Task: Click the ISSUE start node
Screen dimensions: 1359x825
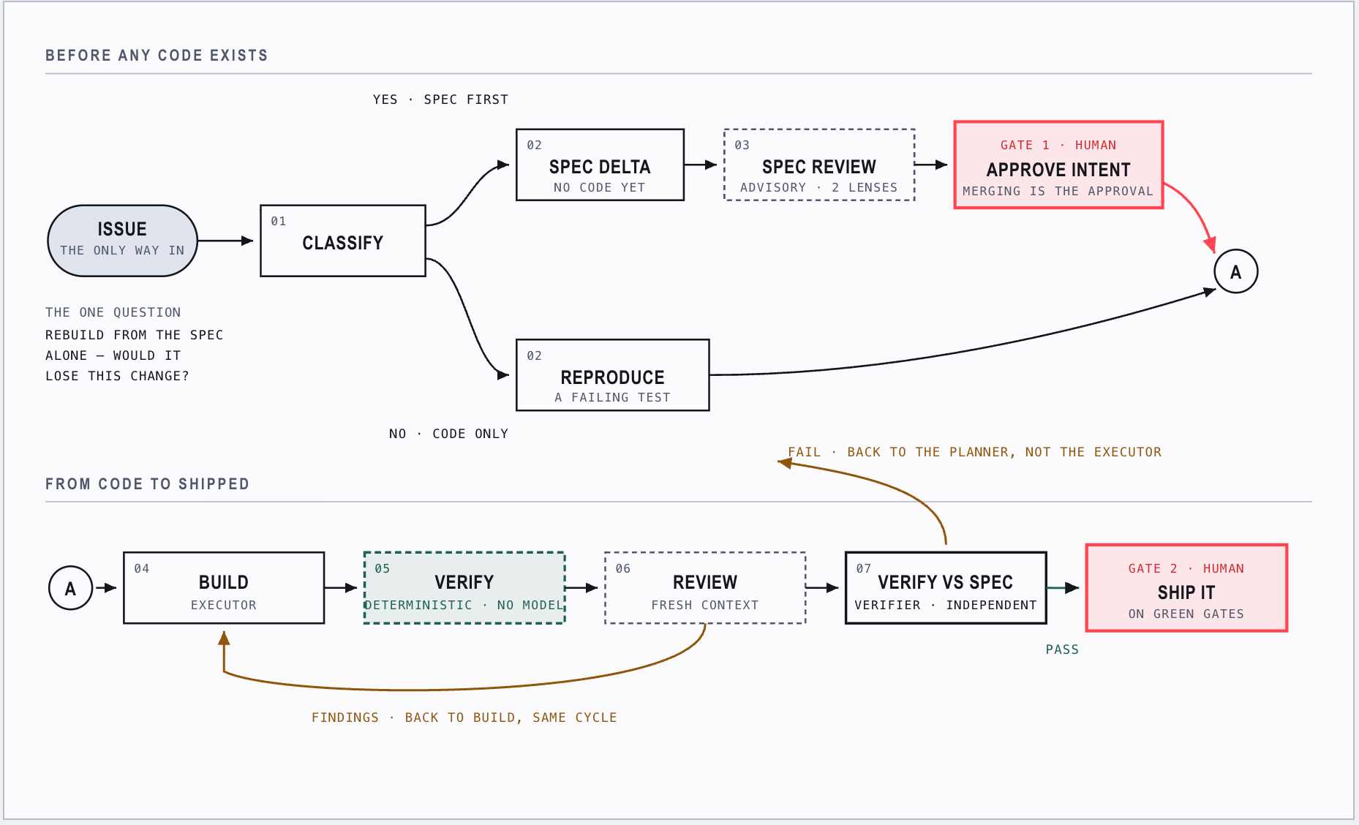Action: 122,241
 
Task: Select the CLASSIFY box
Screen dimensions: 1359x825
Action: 343,241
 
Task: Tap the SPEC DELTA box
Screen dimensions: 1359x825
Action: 600,165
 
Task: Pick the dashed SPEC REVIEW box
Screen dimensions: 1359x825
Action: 819,165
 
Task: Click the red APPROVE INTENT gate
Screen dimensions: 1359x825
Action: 1058,165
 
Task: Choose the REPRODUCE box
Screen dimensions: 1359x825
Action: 612,375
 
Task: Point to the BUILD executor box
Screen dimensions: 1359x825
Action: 224,587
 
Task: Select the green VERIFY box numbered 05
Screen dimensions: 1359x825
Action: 464,587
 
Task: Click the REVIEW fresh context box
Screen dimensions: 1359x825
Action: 705,587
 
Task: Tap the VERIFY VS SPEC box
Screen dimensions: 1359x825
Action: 946,587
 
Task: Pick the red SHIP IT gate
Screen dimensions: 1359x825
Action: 1186,587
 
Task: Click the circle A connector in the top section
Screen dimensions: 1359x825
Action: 1236,271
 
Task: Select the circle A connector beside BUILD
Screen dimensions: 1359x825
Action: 70,588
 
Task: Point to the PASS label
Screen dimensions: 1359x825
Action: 1062,649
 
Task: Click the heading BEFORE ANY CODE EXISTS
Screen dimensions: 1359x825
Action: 157,56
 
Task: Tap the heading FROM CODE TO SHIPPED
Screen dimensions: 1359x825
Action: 147,484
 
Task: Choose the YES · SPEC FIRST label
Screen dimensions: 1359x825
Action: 440,99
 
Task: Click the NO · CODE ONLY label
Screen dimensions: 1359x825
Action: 448,434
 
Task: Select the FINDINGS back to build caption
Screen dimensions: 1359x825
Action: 464,717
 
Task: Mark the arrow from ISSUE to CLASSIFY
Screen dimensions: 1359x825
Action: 225,241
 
